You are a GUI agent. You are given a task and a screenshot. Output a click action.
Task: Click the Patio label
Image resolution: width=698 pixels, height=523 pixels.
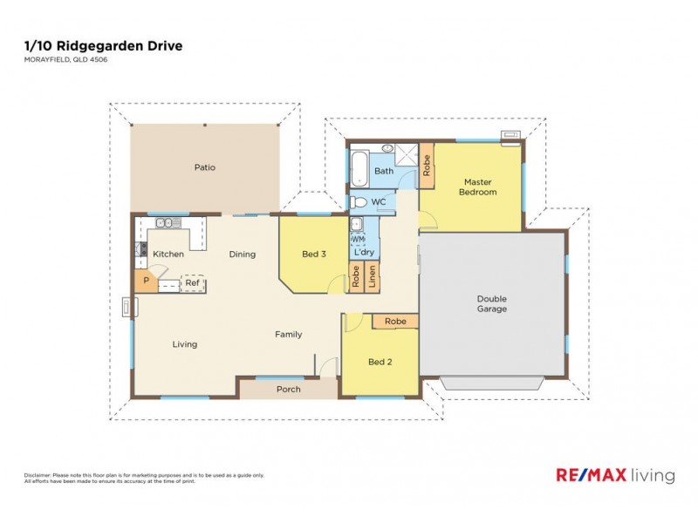pos(205,167)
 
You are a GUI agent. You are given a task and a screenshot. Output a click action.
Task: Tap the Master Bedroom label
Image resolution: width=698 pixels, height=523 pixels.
pos(477,187)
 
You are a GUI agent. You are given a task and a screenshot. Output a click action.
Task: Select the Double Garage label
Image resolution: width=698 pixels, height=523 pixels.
pos(492,303)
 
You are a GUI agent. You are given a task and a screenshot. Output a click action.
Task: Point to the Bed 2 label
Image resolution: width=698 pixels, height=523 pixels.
pos(379,362)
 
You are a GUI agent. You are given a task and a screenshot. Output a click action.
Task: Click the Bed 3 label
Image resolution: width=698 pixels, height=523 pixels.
pos(314,255)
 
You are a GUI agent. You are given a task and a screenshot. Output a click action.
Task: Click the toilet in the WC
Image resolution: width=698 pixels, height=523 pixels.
pos(358,202)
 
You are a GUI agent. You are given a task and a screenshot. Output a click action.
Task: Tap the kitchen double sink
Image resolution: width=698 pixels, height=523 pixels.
pos(167,224)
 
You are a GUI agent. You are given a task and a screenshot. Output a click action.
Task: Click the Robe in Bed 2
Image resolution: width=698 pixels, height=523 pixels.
pos(395,322)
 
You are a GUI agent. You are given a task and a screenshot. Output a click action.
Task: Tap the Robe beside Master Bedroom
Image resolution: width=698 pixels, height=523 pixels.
pos(427,166)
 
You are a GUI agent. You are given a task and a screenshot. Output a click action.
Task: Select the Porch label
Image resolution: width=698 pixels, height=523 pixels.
pos(288,389)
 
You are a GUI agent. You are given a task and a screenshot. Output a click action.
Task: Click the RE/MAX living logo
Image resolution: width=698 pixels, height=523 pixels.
pos(615,475)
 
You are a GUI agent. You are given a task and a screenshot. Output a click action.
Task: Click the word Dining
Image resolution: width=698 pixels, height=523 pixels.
pos(243,255)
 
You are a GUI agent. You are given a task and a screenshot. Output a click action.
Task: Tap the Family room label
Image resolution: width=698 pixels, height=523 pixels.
pos(289,335)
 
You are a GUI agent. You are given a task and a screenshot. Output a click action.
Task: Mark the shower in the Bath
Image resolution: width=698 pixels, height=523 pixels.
pos(404,155)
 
